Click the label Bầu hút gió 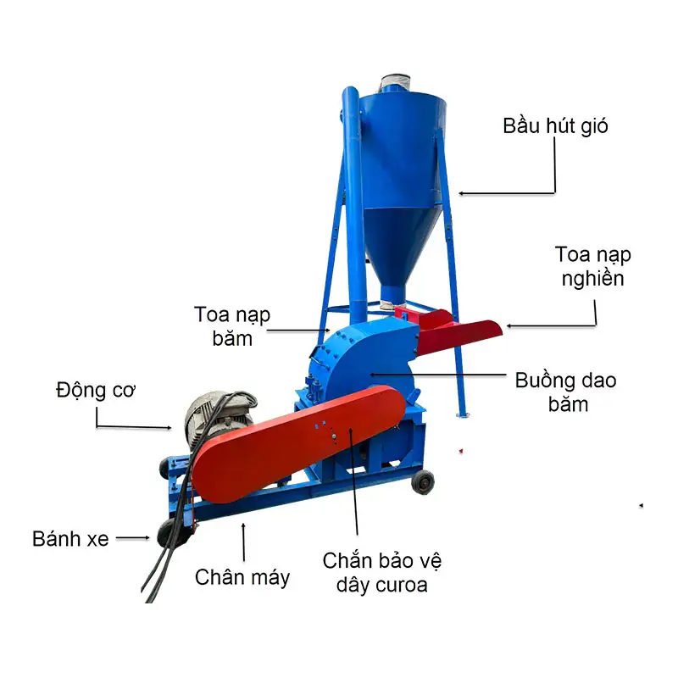tap(555, 125)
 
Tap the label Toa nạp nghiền tap(592, 266)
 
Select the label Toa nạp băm tap(232, 326)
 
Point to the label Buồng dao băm tap(565, 392)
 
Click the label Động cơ tap(96, 390)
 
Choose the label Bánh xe tap(70, 539)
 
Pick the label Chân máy tap(242, 577)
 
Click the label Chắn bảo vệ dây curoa tap(382, 573)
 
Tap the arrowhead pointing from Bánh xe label tap(147, 538)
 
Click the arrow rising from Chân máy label tap(244, 542)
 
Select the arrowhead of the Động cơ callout tap(169, 428)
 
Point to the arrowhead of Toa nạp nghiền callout tap(509, 325)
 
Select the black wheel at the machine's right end tap(423, 482)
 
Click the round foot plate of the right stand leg tap(463, 415)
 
